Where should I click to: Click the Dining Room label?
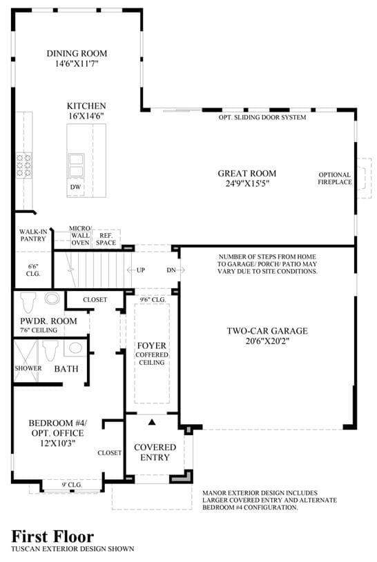tap(77, 53)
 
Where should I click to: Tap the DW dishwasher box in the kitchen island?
tap(75, 187)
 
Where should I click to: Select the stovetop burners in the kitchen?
tap(24, 165)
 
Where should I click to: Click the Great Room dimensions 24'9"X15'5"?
tap(247, 184)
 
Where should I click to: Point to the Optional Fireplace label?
tap(335, 179)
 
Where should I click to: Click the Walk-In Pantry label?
tap(33, 235)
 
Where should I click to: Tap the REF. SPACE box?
tap(106, 239)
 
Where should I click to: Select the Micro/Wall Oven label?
tap(80, 235)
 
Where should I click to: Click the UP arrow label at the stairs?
tap(136, 270)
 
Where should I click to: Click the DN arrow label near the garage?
tap(175, 270)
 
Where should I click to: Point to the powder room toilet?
tap(29, 302)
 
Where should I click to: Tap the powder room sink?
tap(52, 299)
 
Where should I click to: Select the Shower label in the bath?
tap(28, 368)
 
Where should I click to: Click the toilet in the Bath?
tap(50, 350)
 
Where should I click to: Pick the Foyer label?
tap(151, 345)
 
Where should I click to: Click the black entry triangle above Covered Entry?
tap(152, 422)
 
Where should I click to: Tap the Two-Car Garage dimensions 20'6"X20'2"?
tap(267, 341)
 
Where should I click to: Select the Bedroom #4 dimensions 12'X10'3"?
tap(57, 443)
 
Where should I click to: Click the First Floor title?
tap(52, 536)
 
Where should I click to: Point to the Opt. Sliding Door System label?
tap(262, 117)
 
